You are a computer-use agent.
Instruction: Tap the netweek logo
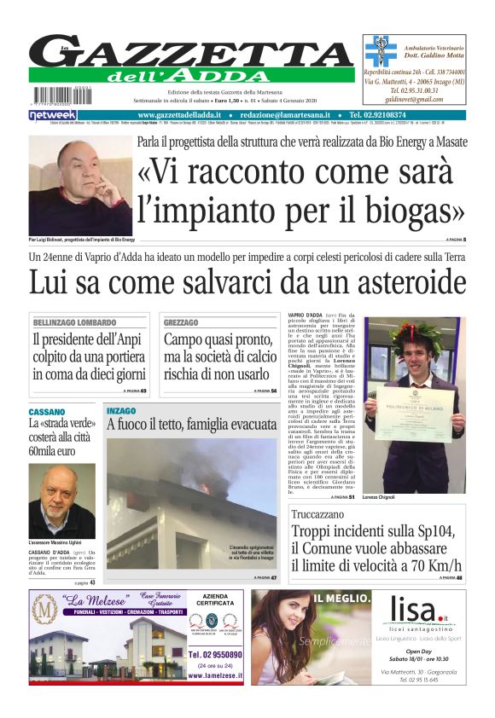tap(53, 115)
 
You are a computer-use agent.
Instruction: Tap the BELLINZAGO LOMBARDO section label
tap(74, 323)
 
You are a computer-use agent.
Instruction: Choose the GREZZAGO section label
tap(181, 323)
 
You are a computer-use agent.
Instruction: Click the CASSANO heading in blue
tap(48, 412)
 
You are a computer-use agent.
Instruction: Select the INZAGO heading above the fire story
tap(121, 411)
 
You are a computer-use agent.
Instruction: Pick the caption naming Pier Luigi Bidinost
tap(82, 240)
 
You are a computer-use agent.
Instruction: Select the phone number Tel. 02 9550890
tap(214, 655)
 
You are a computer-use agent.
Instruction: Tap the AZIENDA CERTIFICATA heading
tap(214, 599)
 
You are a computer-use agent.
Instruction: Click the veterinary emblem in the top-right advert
tap(380, 50)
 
